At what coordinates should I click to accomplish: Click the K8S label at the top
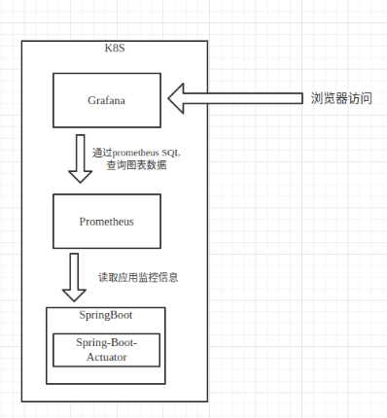click(x=113, y=49)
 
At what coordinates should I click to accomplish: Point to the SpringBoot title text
click(x=105, y=315)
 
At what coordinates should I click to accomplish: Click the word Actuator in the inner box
click(x=106, y=357)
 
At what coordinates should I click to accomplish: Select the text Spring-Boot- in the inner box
click(x=106, y=343)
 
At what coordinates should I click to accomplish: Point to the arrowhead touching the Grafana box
click(x=178, y=98)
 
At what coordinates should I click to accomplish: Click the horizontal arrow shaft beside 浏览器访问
click(x=243, y=98)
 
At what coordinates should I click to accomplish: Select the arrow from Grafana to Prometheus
click(x=81, y=156)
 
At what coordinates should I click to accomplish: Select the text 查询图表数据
click(x=135, y=165)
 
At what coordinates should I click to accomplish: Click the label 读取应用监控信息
click(x=137, y=277)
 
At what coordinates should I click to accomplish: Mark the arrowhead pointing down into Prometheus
click(x=81, y=175)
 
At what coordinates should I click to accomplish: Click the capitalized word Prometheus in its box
click(x=106, y=221)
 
